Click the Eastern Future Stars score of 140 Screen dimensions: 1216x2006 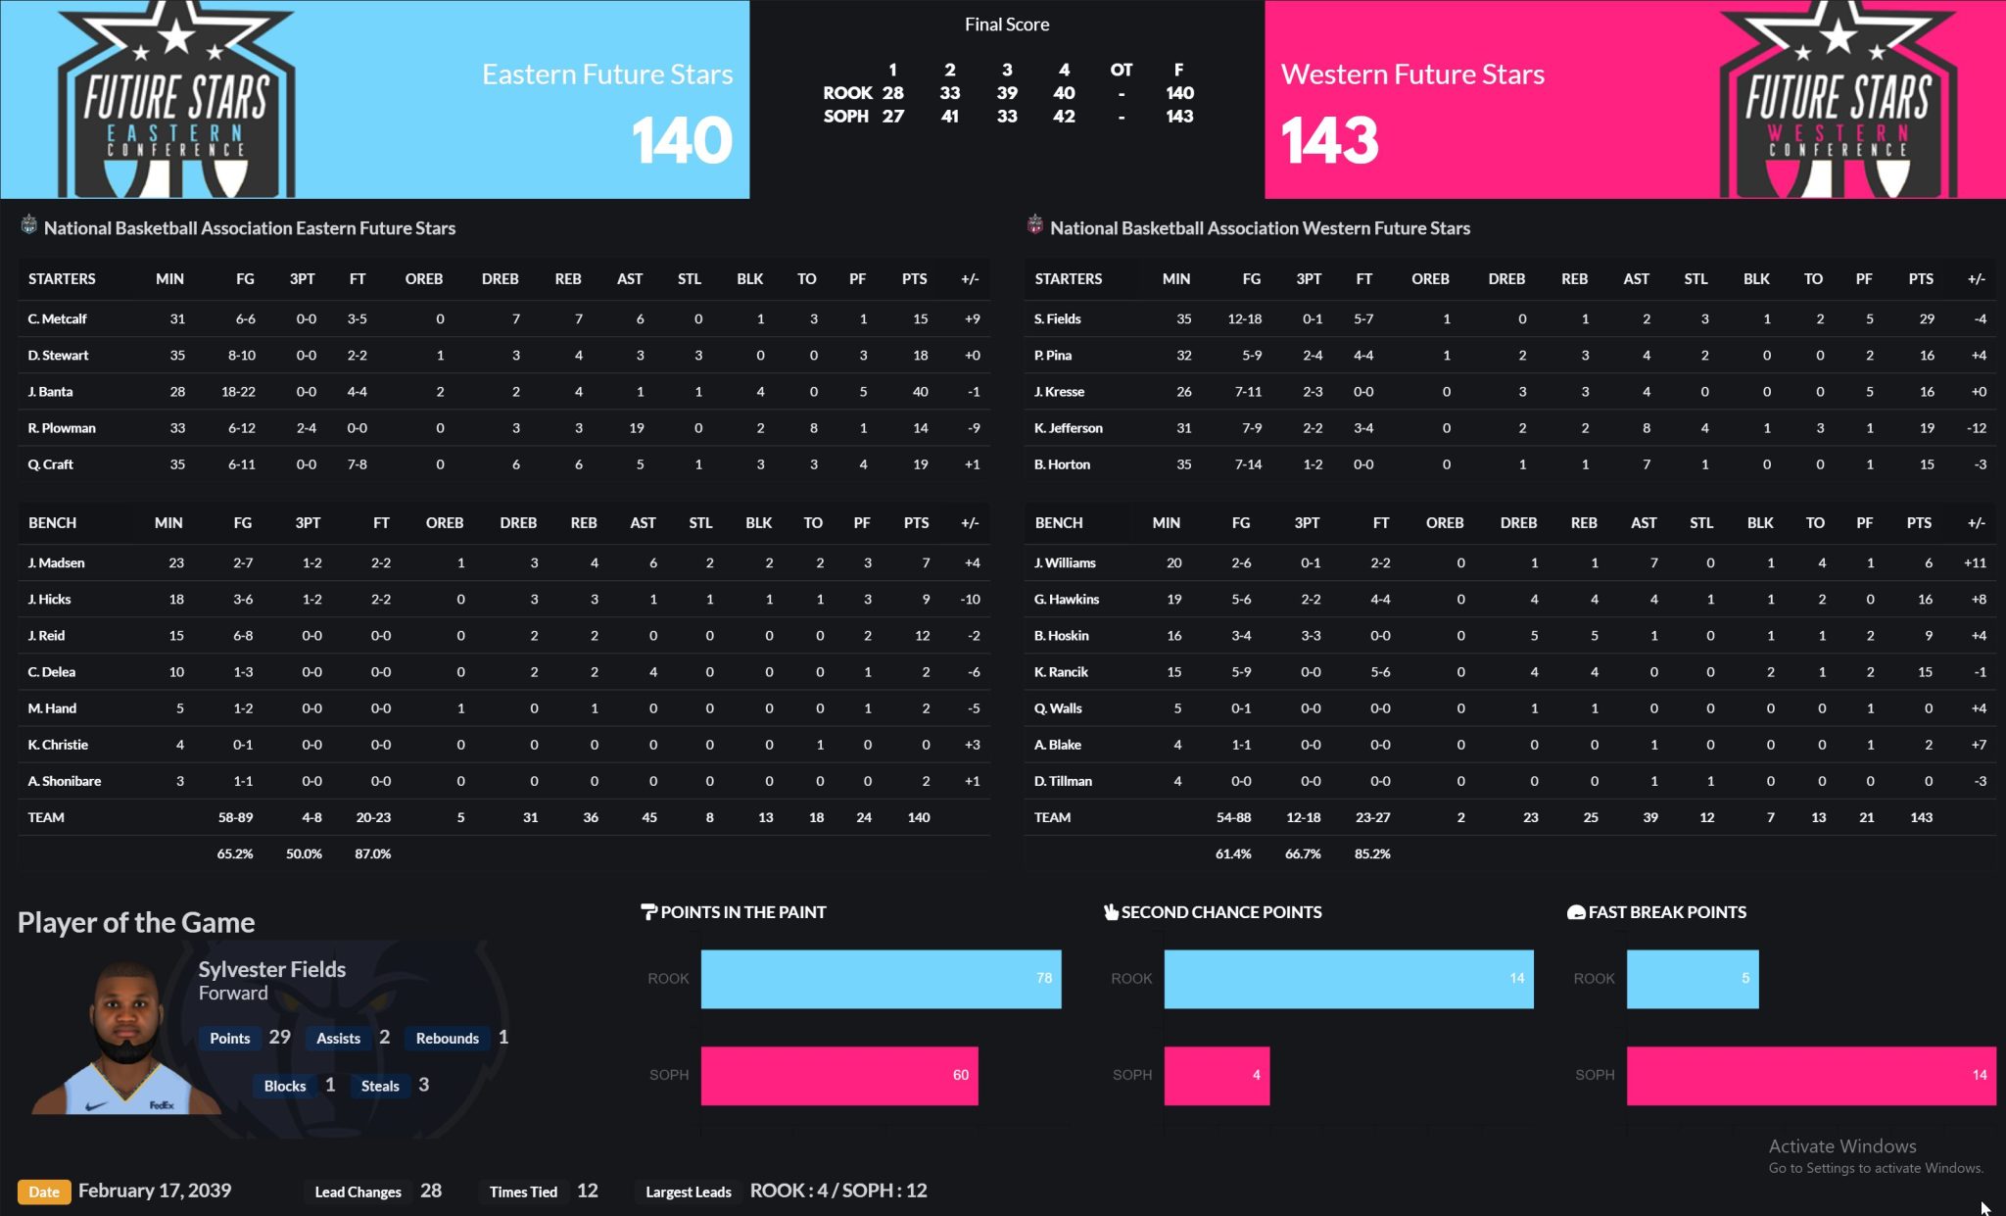(682, 140)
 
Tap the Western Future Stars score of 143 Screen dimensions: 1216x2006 (1329, 140)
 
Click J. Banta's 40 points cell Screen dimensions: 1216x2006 (920, 392)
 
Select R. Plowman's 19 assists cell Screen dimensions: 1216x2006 (637, 428)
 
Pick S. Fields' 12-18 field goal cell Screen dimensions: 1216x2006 (1244, 319)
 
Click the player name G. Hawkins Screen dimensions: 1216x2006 (1067, 600)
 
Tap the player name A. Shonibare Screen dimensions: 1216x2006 (65, 782)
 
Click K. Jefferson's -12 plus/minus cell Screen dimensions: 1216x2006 (1977, 428)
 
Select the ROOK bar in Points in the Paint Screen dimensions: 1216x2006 (881, 979)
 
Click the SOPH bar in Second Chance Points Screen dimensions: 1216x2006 (1217, 1076)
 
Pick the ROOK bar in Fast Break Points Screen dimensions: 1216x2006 (1693, 979)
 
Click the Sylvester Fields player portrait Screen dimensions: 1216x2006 (126, 1039)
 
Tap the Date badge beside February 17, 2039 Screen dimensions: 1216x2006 (44, 1192)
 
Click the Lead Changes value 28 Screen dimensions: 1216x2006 (431, 1192)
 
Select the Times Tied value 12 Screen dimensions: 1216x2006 (588, 1192)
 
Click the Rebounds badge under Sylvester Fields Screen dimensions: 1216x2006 (448, 1039)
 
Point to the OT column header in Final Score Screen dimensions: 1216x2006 (1121, 70)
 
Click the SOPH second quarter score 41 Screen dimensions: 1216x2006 (949, 117)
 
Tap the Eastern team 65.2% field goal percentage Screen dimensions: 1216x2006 (235, 854)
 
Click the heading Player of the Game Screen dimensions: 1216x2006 (136, 923)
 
